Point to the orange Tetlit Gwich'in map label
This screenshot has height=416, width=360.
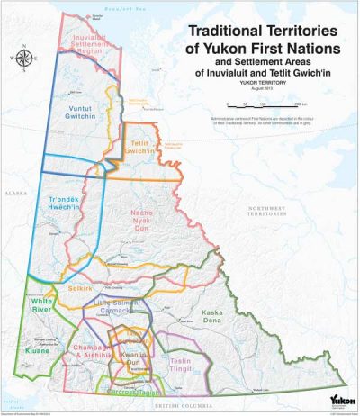pos(140,147)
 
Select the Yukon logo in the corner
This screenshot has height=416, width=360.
pos(340,398)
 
